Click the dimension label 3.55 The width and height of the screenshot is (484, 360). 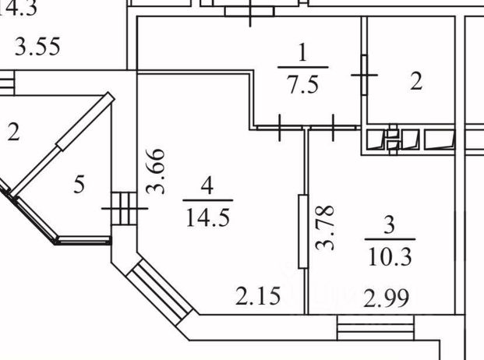click(38, 48)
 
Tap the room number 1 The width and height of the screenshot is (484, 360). click(302, 54)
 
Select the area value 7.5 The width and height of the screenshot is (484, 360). click(302, 83)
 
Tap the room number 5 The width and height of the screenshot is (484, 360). click(79, 185)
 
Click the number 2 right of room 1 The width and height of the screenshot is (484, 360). click(417, 82)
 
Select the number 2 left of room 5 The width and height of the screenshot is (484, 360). click(13, 133)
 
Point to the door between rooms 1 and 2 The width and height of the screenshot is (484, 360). click(364, 75)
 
